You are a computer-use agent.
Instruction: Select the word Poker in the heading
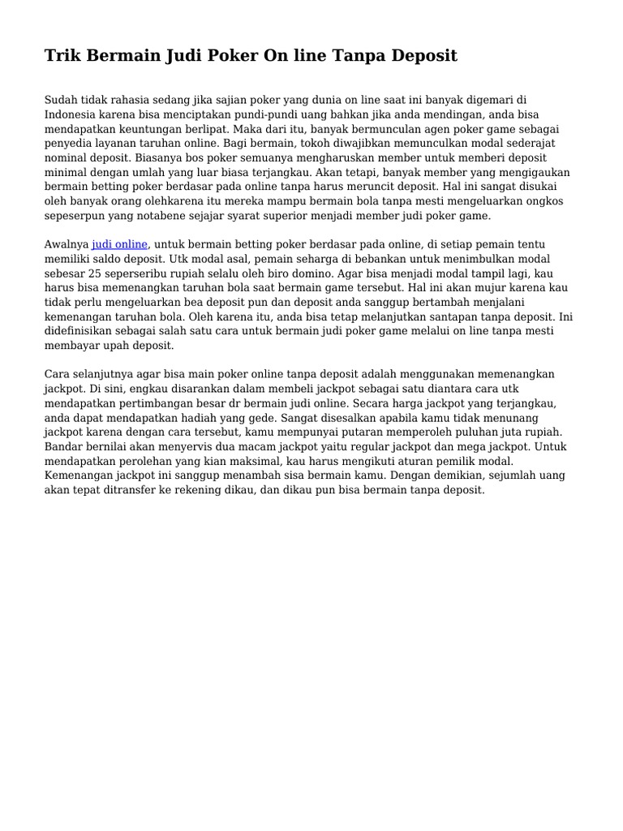[x=229, y=56]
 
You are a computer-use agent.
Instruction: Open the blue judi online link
[x=120, y=244]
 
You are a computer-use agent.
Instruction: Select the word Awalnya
[x=67, y=244]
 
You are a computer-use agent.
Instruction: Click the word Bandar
[x=64, y=447]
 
